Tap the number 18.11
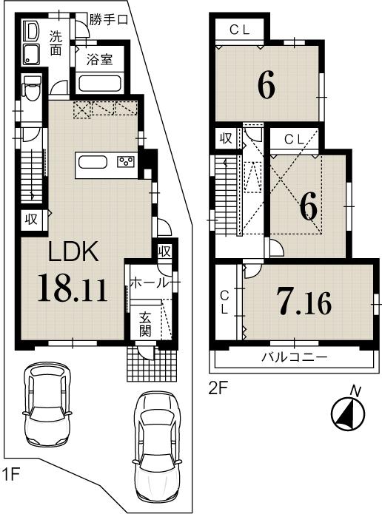[73, 288]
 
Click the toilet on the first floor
[30, 90]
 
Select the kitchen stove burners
[125, 163]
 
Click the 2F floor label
[217, 385]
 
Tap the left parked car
[47, 403]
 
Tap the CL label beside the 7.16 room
[224, 302]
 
